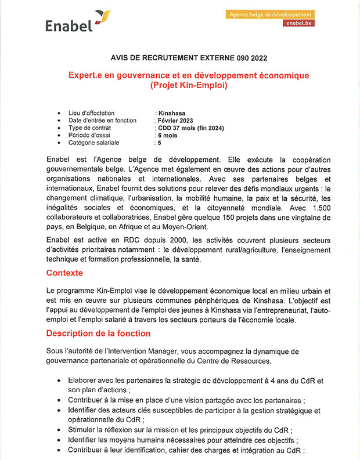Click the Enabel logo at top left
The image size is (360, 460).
75,23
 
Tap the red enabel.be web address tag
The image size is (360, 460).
299,23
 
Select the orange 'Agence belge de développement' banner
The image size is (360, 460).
271,14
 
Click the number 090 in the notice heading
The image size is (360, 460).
236,58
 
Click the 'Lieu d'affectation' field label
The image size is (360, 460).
91,113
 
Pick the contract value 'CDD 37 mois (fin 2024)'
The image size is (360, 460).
191,128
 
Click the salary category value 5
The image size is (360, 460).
159,143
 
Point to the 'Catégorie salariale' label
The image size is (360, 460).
94,143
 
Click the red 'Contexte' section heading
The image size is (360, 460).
64,273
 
